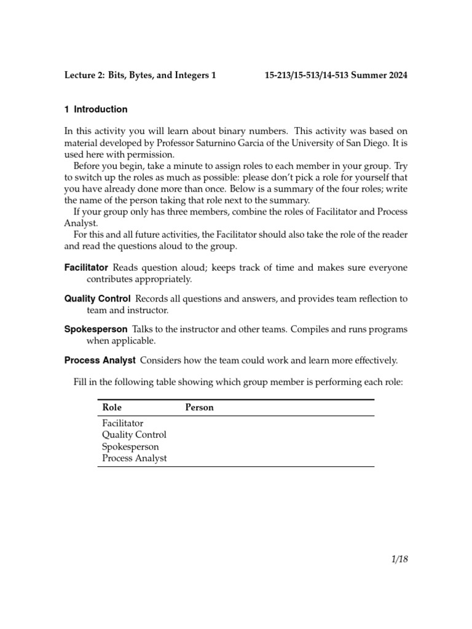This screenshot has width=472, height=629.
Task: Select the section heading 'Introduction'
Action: click(x=101, y=109)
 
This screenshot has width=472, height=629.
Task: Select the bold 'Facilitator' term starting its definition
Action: click(x=86, y=268)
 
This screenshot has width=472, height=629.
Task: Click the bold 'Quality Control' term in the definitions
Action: click(x=97, y=299)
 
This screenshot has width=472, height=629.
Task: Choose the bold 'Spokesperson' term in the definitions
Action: click(x=96, y=329)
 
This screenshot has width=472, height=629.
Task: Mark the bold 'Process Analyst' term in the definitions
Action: click(x=100, y=360)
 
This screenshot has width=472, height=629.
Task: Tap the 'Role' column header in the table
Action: click(x=112, y=407)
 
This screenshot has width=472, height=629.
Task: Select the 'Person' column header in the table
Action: click(x=200, y=407)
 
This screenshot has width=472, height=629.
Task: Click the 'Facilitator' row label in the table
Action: click(x=122, y=423)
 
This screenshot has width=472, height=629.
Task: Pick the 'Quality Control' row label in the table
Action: click(x=134, y=435)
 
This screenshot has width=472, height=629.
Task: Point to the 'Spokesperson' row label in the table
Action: click(x=130, y=447)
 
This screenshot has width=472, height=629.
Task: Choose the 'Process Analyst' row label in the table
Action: click(x=134, y=458)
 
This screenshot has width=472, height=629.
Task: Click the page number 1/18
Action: click(x=398, y=559)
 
